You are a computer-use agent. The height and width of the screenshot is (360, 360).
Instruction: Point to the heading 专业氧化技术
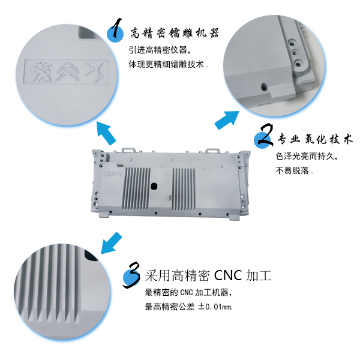point(314,140)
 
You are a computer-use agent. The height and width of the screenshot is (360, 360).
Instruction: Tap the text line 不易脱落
point(294,171)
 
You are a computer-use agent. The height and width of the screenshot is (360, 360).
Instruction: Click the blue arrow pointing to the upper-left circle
point(107,132)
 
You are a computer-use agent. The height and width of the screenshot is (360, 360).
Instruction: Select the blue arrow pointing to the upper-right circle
point(225,120)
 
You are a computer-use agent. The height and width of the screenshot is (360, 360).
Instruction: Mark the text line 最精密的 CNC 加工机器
point(187,293)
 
